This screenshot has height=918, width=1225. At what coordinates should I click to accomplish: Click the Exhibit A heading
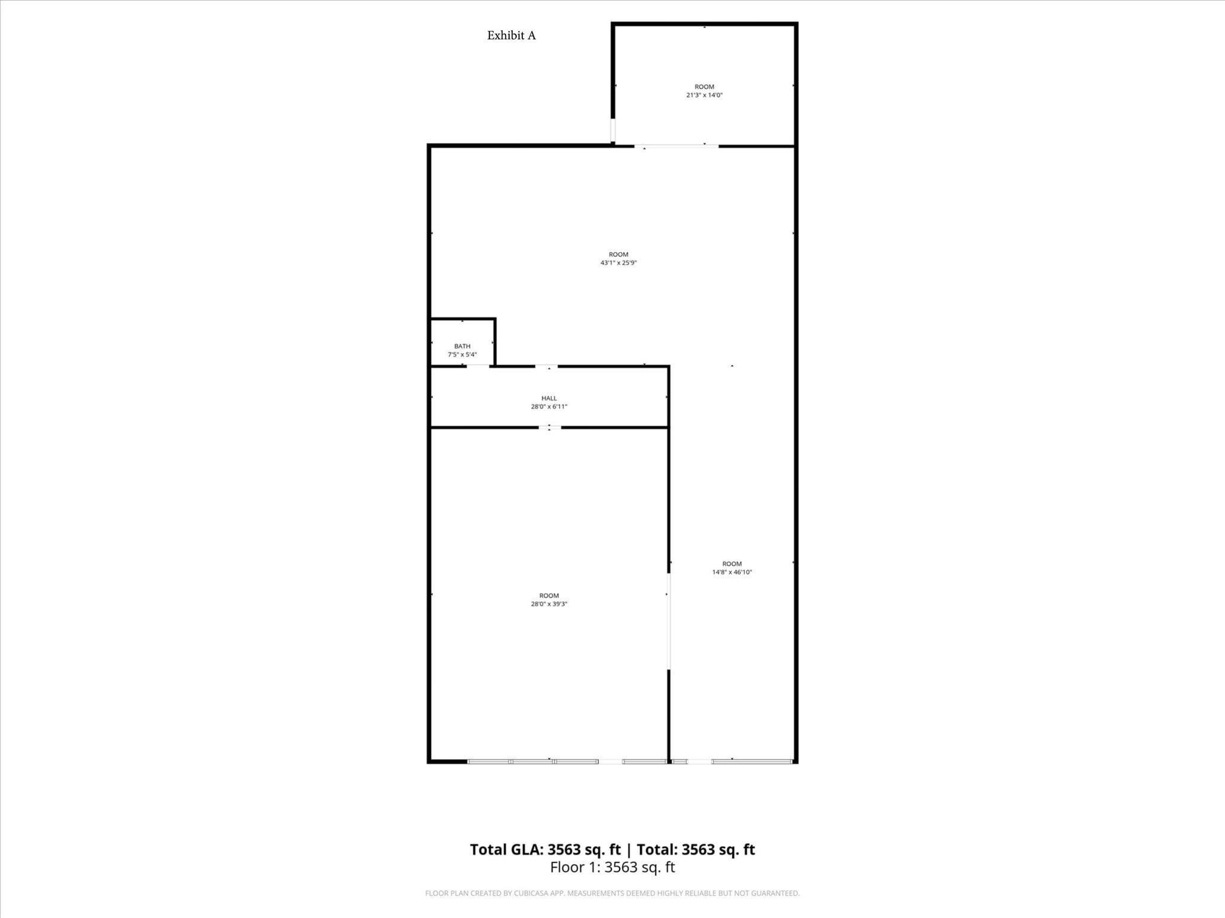point(511,36)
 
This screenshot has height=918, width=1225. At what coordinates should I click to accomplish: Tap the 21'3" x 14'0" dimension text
point(704,95)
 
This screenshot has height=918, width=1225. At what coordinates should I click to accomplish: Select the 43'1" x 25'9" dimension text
point(618,263)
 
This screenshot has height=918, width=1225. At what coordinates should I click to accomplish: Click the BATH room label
point(462,346)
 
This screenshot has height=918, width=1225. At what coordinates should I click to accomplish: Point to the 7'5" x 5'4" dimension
point(462,354)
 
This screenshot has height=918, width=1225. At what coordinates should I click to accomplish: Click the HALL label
point(549,398)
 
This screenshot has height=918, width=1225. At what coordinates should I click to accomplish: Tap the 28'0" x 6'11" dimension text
point(549,406)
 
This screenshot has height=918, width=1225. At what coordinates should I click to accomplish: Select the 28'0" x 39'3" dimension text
point(549,604)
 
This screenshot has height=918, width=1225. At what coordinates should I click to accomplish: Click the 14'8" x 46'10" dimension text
point(732,572)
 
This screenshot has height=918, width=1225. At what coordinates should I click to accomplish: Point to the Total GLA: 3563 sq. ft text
point(545,849)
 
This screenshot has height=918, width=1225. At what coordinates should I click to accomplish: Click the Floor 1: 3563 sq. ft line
point(612,867)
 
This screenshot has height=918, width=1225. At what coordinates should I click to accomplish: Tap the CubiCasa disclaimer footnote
point(612,893)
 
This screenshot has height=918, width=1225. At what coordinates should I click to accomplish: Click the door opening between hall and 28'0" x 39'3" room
point(550,427)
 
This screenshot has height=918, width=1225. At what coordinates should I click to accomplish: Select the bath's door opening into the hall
point(478,366)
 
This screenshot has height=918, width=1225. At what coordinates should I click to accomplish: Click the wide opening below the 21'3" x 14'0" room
point(677,146)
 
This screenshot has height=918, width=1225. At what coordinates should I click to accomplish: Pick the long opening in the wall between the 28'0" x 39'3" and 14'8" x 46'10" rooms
point(669,622)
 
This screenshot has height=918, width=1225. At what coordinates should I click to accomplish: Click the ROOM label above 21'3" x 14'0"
point(704,87)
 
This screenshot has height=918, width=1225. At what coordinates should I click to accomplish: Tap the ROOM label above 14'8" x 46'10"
point(732,564)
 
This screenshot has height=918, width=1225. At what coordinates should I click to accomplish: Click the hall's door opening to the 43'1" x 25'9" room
point(547,366)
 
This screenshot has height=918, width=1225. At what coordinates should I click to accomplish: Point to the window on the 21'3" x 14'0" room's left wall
point(612,130)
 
